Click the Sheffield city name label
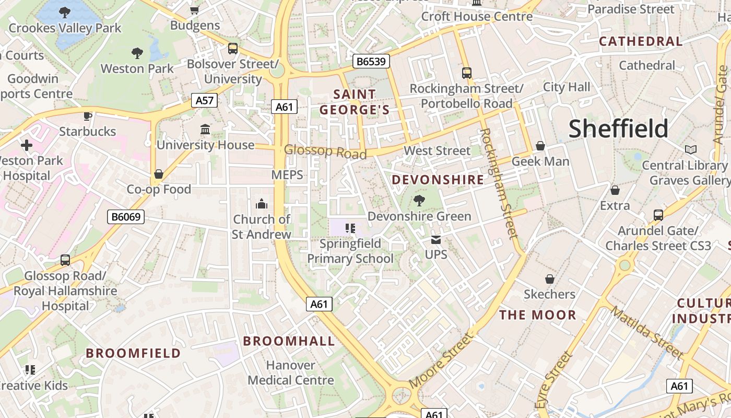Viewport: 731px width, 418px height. [618, 129]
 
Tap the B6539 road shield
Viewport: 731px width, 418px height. [371, 62]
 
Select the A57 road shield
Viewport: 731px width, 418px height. [204, 100]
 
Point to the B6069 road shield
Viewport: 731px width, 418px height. [126, 216]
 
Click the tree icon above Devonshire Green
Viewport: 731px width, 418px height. [419, 200]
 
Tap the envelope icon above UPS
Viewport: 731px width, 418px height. [436, 240]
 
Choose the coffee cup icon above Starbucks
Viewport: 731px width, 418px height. [88, 115]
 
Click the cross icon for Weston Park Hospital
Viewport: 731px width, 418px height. [27, 145]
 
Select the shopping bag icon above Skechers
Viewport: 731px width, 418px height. [549, 279]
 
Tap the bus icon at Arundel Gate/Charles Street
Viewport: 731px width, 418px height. [658, 215]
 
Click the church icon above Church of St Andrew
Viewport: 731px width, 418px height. [262, 203]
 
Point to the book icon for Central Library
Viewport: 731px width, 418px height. [691, 150]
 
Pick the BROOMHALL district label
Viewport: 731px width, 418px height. [289, 341]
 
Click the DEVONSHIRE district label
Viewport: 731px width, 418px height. [438, 180]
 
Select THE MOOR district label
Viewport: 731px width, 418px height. [538, 315]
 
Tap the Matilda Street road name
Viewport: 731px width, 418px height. [647, 333]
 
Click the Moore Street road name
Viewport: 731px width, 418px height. [441, 361]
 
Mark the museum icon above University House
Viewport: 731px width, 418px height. [205, 129]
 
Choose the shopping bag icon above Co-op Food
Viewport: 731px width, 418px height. [159, 174]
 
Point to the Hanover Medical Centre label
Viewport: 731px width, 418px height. [291, 373]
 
